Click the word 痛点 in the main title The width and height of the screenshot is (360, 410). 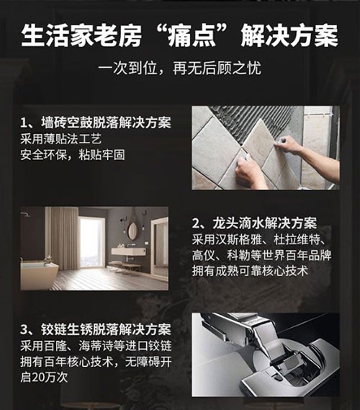(192, 35)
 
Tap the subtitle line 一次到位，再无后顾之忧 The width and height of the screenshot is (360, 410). (180, 68)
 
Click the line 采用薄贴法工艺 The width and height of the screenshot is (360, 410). (61, 139)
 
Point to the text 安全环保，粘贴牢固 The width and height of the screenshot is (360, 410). (73, 155)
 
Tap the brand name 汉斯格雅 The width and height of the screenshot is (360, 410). (238, 239)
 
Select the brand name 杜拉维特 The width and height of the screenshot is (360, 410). (297, 239)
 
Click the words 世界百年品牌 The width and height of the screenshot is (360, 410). (297, 255)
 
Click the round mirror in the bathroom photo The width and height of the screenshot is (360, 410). (132, 229)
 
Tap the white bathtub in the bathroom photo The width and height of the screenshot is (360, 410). (40, 272)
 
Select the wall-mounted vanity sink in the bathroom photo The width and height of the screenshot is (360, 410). (129, 251)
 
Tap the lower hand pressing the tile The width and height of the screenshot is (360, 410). (248, 173)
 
